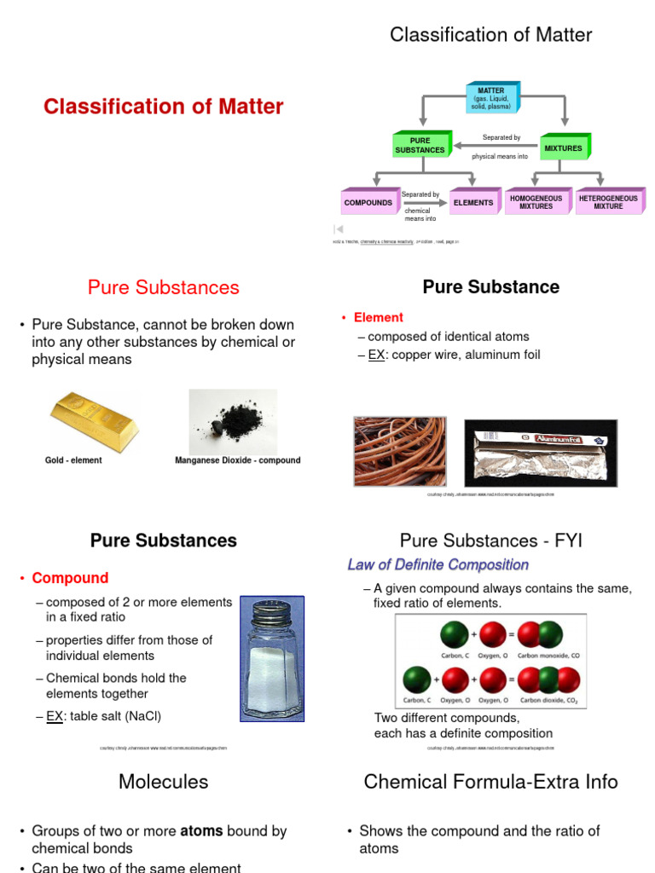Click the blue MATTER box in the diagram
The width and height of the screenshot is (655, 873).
pos(490,98)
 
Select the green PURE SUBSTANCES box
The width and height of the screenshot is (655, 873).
pos(420,146)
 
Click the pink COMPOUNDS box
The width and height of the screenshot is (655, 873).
pos(368,203)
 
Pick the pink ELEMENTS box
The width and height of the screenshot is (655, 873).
pos(473,203)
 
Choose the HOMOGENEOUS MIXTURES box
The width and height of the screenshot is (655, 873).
pos(536,202)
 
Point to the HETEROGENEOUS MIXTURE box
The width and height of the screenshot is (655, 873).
pos(608,202)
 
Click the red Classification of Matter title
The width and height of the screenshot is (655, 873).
pos(164,107)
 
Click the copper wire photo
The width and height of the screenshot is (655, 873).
pos(399,451)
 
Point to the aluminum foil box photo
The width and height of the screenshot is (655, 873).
pos(540,451)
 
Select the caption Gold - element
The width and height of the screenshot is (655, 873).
pos(73,460)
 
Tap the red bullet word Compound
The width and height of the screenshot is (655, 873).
pos(70,578)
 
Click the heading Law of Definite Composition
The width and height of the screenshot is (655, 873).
pos(438,564)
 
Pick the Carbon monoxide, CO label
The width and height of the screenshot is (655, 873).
pos(549,656)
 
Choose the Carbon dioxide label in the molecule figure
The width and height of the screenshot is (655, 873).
pos(549,701)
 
